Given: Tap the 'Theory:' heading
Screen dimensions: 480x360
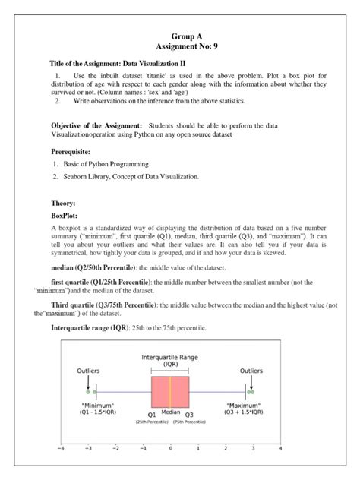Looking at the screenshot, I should click(65, 204).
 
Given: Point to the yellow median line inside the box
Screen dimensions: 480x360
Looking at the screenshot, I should click(171, 392).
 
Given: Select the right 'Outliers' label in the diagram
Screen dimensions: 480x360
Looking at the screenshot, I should click(251, 371).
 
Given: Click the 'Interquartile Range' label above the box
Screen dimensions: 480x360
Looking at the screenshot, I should click(171, 357).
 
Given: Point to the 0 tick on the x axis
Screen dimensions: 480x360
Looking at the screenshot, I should click(171, 449).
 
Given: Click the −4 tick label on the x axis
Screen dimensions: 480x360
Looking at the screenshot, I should click(61, 449).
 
